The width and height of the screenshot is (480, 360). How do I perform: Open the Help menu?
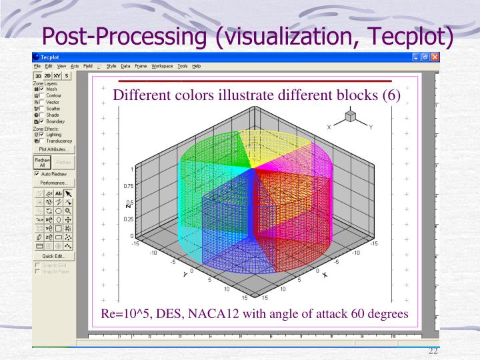click(x=196, y=66)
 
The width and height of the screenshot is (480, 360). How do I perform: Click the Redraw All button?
click(x=39, y=163)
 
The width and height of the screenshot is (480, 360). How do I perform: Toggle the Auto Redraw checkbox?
click(x=37, y=173)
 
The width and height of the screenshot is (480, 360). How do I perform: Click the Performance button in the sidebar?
click(x=52, y=182)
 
